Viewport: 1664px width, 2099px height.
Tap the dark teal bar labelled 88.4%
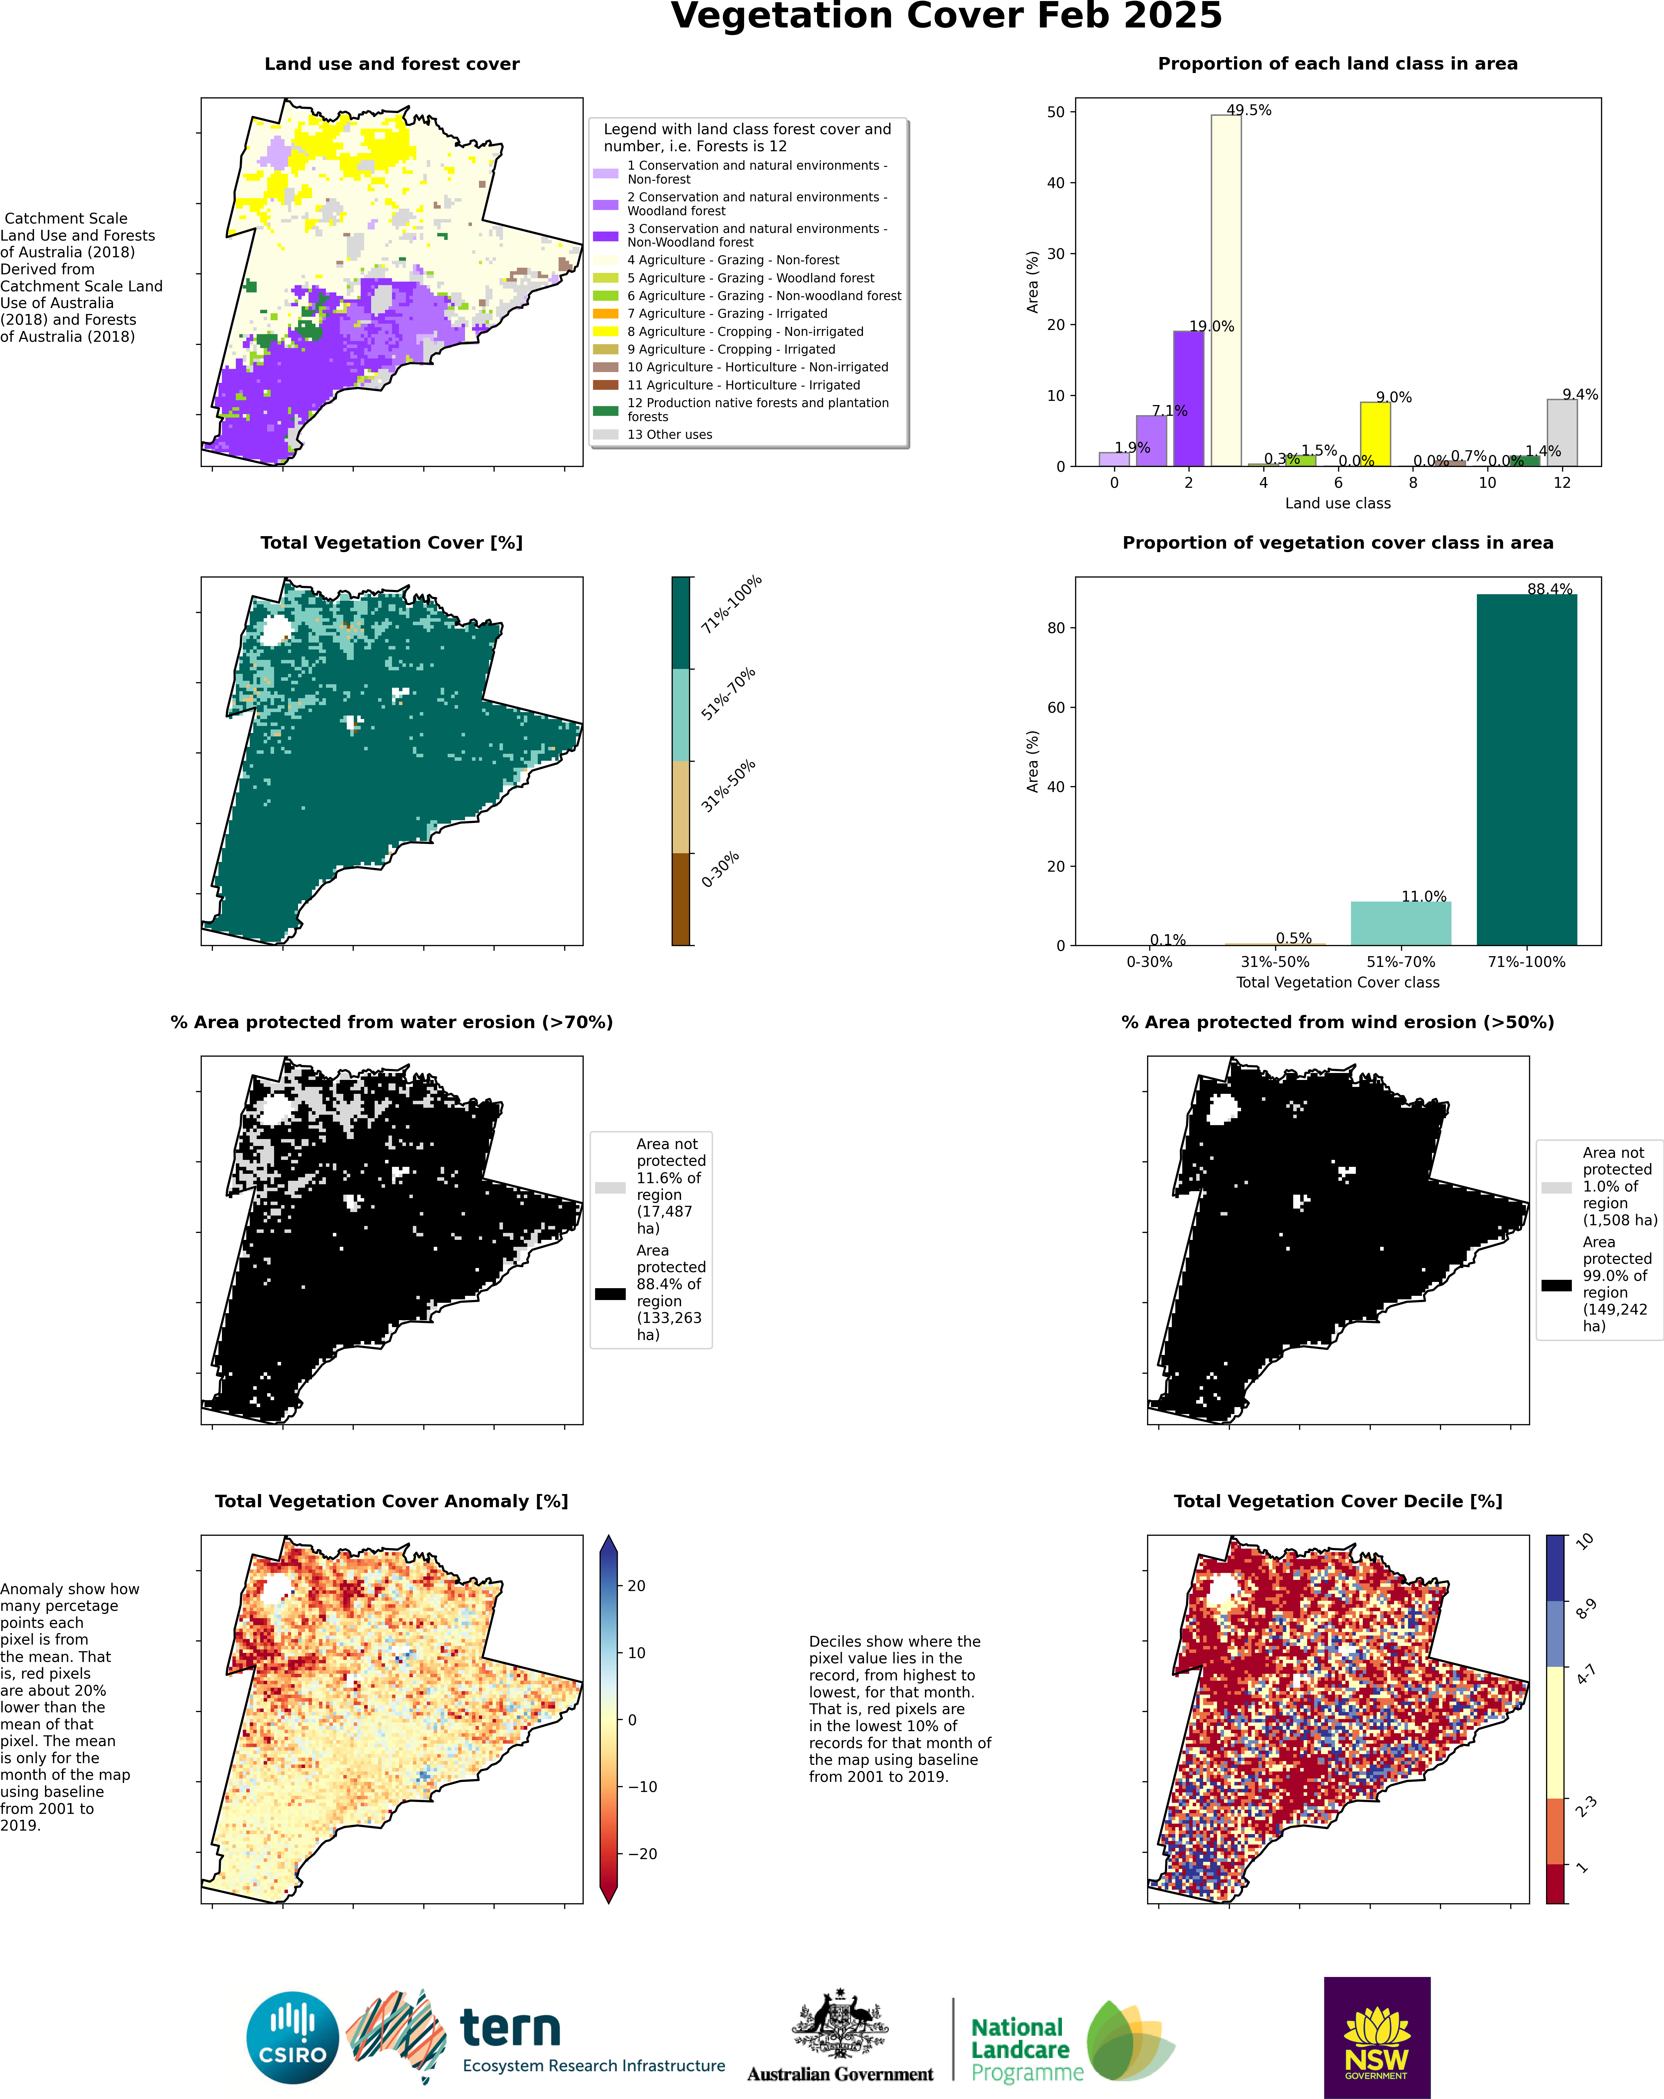point(1526,769)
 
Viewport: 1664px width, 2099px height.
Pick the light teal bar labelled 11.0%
point(1400,923)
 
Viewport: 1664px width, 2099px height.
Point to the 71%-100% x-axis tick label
point(1526,962)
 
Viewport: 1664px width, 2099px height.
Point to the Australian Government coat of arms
point(839,2023)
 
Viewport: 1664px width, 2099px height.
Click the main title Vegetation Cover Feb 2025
point(945,17)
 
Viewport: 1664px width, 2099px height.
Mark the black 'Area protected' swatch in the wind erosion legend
point(1556,1285)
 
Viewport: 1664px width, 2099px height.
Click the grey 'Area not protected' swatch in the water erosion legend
point(610,1188)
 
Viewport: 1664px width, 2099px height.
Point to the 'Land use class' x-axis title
point(1337,503)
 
